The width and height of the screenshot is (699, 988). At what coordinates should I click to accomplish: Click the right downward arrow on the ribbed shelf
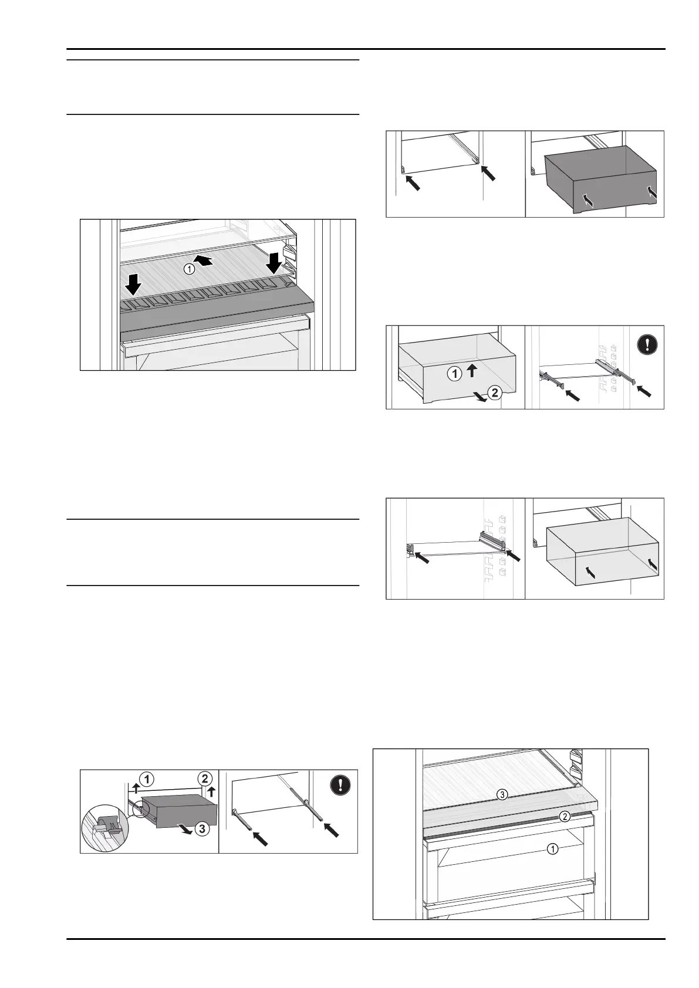tap(273, 263)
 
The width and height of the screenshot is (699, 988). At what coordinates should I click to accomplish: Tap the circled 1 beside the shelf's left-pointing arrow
tap(189, 269)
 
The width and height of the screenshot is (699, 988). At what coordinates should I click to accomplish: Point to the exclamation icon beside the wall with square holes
tap(647, 344)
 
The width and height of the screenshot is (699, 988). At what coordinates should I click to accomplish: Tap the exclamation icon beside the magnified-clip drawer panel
tap(340, 786)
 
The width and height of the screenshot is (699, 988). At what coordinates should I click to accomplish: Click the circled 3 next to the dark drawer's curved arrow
tap(201, 829)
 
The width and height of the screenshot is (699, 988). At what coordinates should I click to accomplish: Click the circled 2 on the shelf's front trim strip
tap(564, 816)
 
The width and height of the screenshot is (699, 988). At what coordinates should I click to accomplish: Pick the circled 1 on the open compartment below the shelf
tap(552, 848)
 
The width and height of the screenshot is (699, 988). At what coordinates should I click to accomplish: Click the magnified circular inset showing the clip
tap(103, 827)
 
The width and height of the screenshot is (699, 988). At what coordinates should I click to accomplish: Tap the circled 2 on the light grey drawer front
tap(495, 393)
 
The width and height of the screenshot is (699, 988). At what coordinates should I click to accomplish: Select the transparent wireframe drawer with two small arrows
tap(602, 551)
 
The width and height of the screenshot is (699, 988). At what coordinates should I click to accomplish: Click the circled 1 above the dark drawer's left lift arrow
tap(147, 779)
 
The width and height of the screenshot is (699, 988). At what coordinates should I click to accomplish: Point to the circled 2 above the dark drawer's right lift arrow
tap(204, 779)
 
